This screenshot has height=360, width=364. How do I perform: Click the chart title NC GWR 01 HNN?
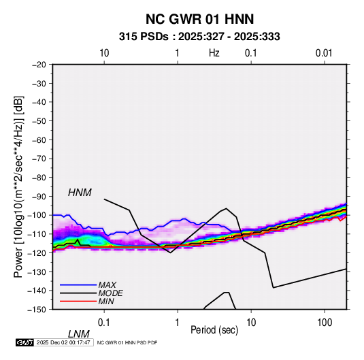point(199,19)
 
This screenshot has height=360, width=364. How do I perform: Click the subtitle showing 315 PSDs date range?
point(199,37)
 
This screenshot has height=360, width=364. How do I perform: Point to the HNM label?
point(80,193)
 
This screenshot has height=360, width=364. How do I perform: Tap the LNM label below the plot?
point(79,334)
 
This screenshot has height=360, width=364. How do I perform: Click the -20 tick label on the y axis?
point(39,65)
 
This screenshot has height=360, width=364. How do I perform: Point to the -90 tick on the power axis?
point(39,196)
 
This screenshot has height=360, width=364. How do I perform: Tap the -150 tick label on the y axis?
point(37,310)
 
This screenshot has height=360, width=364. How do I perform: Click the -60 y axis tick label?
point(39,140)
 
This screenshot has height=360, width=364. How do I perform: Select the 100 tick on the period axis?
point(325,323)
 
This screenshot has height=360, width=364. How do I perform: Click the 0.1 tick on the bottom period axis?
point(104,323)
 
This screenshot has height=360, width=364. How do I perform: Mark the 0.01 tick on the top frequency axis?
point(324,53)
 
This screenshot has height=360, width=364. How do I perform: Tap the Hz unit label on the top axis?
point(214,53)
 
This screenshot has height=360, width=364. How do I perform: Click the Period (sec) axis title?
point(214,330)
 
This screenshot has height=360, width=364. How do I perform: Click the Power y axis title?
point(18,186)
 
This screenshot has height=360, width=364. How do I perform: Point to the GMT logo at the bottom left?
point(24,342)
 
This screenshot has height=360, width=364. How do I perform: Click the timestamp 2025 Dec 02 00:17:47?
point(63,342)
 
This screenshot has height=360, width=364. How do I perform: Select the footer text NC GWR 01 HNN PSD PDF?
point(127,342)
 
